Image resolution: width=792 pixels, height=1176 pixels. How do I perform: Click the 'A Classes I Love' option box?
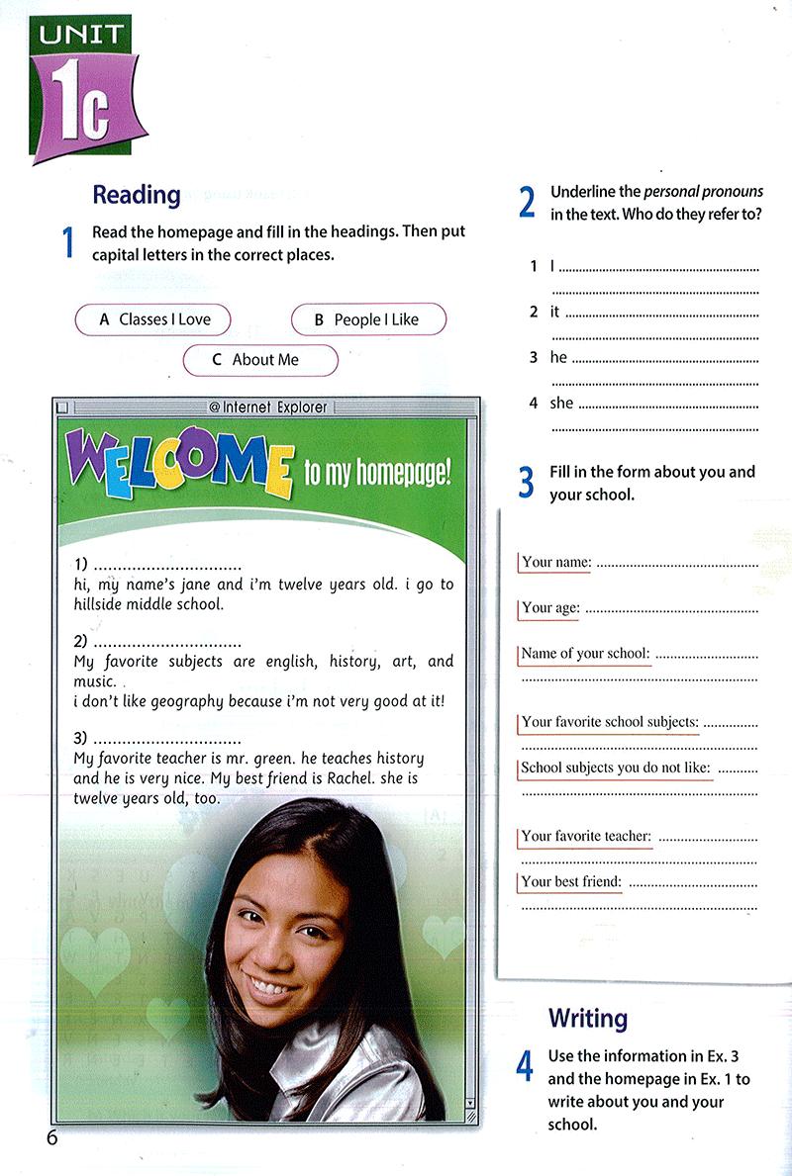(x=153, y=319)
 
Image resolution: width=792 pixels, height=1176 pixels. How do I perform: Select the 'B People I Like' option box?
(x=368, y=319)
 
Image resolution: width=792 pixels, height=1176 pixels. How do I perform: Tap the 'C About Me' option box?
(x=260, y=360)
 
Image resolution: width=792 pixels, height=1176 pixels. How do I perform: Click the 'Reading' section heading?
(x=137, y=195)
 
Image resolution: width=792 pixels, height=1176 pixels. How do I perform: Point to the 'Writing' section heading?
(x=588, y=1018)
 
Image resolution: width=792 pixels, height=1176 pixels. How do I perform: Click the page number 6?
(x=51, y=1137)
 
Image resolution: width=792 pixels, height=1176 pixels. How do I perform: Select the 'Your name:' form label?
(x=556, y=562)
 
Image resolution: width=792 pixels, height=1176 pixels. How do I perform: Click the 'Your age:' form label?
(x=550, y=607)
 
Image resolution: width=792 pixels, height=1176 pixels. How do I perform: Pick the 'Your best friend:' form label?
(x=571, y=881)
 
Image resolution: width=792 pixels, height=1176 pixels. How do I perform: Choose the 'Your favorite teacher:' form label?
(x=586, y=836)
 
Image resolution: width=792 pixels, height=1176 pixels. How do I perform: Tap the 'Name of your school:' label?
(x=585, y=653)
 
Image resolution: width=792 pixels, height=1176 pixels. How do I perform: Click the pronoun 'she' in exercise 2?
(x=561, y=403)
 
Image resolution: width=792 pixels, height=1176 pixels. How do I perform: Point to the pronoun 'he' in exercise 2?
(x=558, y=357)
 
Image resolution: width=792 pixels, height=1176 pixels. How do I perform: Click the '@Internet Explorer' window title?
(x=267, y=407)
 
